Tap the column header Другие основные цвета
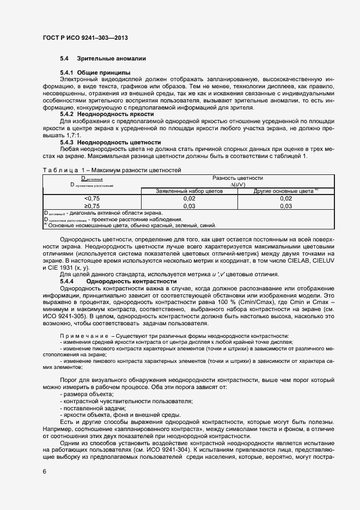(285, 191)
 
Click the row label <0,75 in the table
(92, 199)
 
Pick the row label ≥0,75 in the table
(92, 206)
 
